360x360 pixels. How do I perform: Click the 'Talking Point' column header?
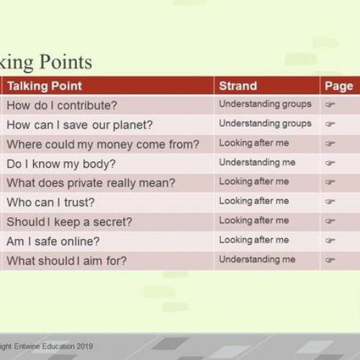click(x=45, y=86)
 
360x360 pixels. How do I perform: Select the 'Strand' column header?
click(x=238, y=86)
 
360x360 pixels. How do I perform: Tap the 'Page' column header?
click(x=339, y=86)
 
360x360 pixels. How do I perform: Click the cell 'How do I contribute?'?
click(x=62, y=105)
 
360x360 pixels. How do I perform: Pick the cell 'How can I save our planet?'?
click(x=80, y=125)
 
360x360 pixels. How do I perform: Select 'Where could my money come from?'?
click(x=103, y=145)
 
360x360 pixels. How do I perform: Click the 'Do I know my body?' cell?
click(x=61, y=164)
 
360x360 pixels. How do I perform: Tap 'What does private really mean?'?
click(x=91, y=183)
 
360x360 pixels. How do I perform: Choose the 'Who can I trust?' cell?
click(x=50, y=202)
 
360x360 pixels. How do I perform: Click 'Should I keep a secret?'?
click(x=69, y=222)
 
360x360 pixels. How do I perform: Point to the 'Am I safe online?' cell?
click(x=53, y=241)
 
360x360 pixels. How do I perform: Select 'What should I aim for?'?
click(x=67, y=261)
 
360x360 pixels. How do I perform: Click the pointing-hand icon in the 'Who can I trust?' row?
click(x=330, y=202)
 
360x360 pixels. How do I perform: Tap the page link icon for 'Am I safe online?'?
click(x=330, y=240)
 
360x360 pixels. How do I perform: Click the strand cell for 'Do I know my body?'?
click(x=257, y=163)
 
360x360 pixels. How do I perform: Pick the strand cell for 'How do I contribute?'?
click(x=265, y=104)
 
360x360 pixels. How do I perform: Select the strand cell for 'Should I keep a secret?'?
click(x=254, y=220)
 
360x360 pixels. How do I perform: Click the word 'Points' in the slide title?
click(x=66, y=62)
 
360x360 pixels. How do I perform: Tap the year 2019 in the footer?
click(x=85, y=346)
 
